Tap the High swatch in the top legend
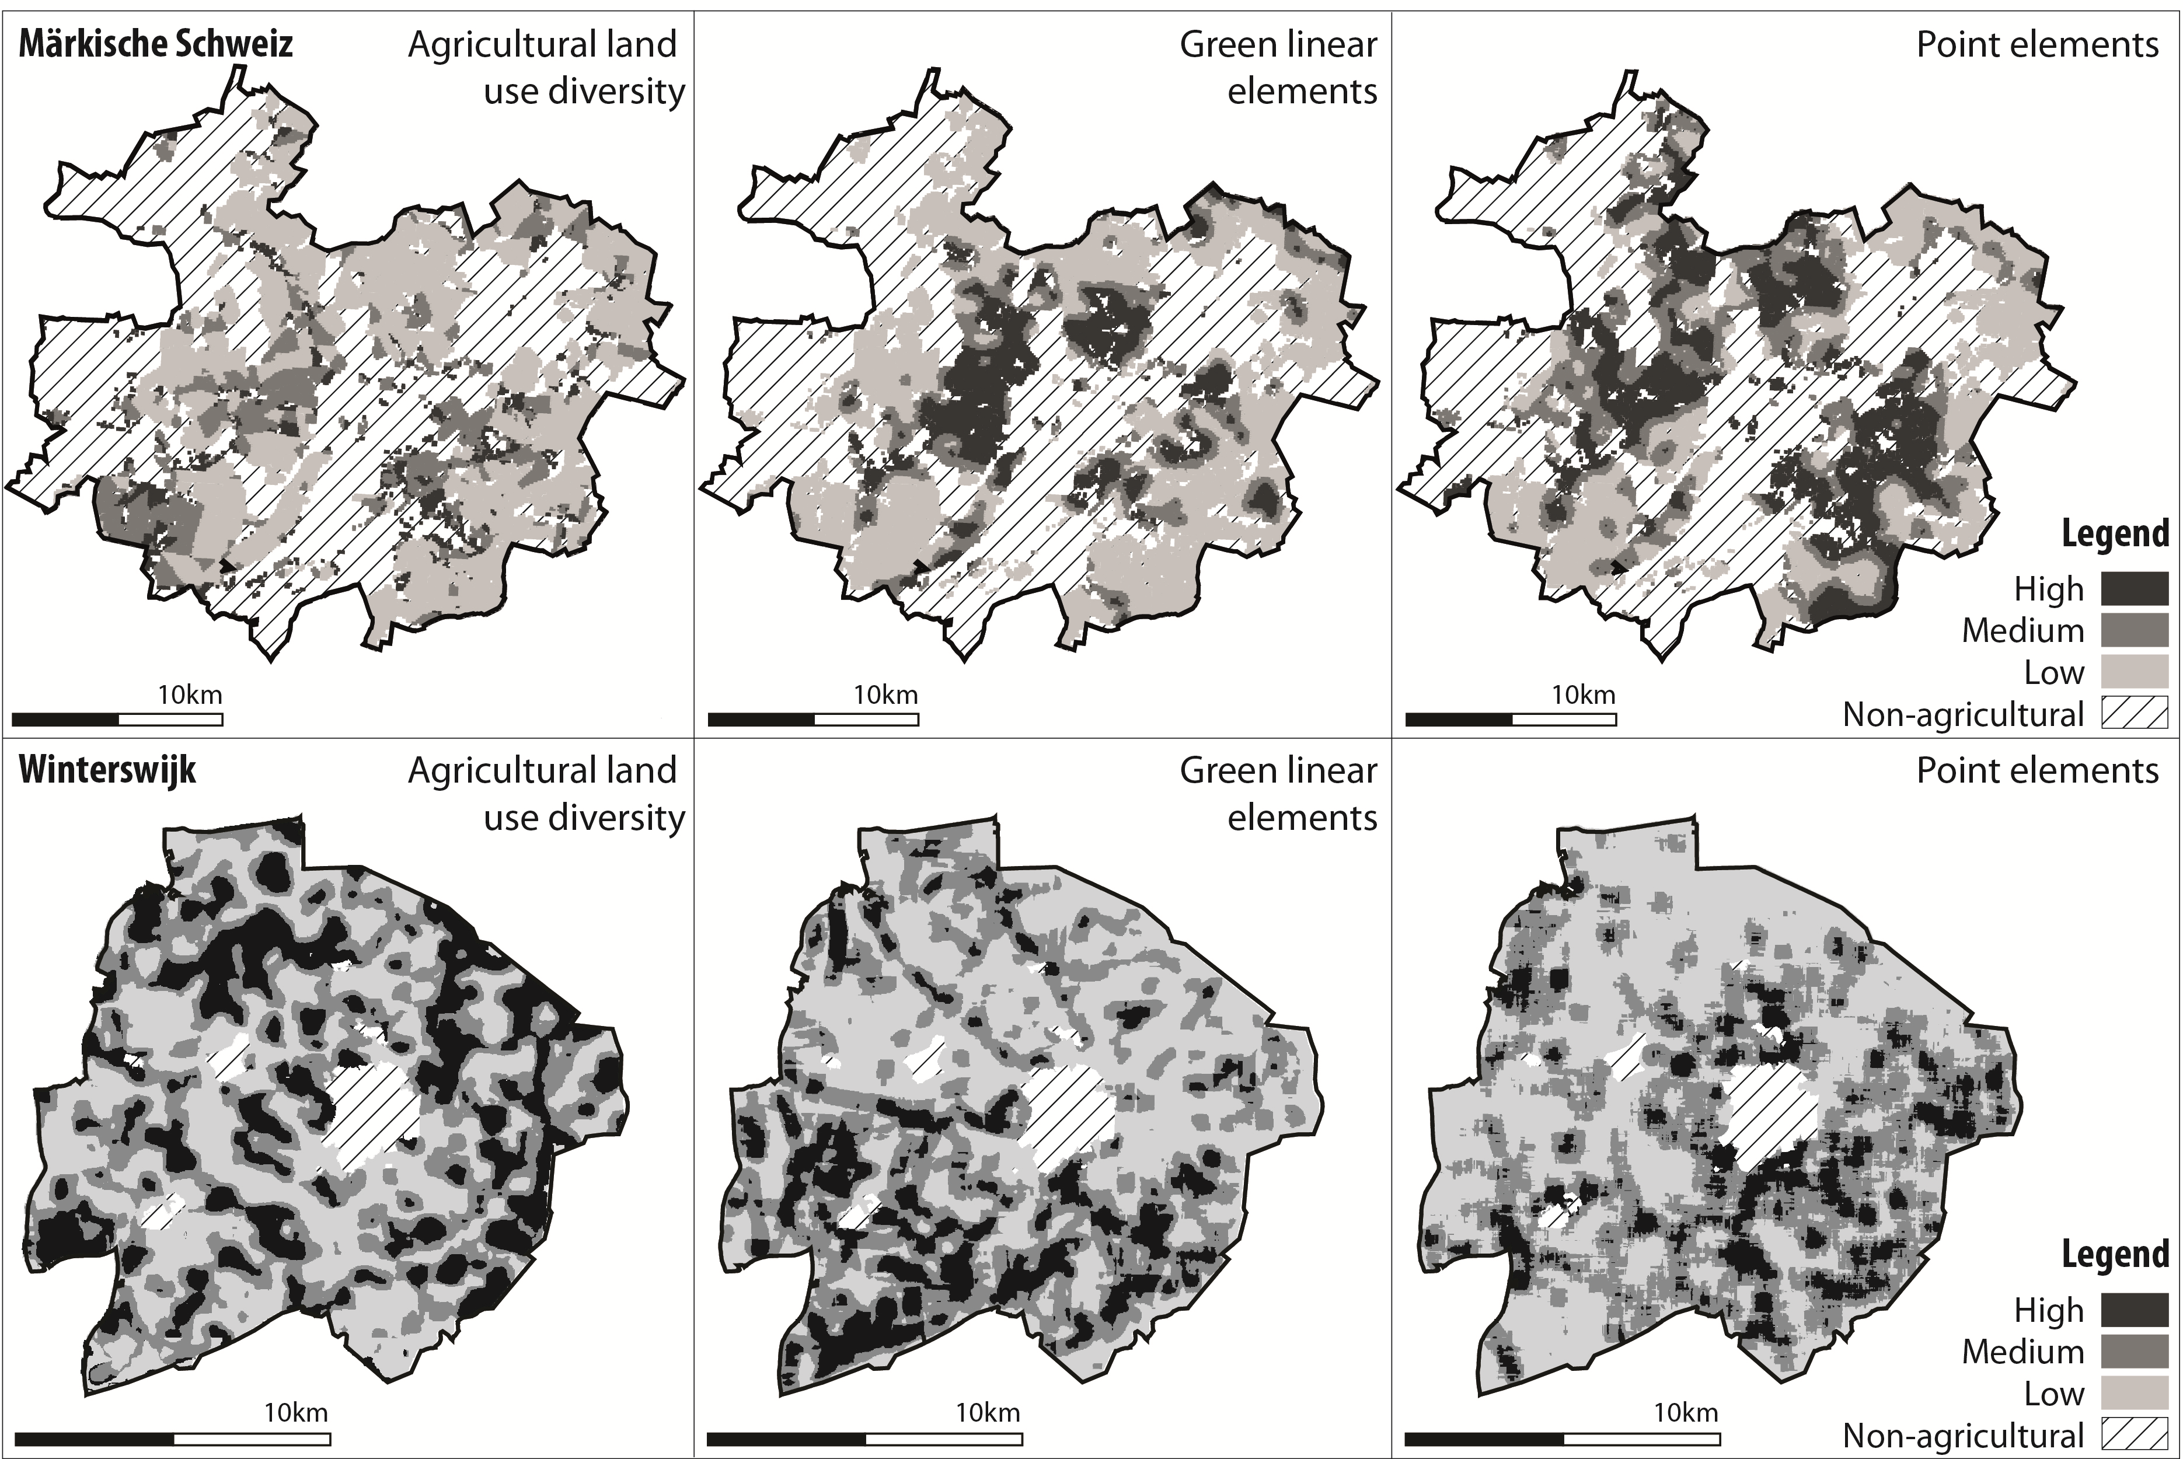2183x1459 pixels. pyautogui.click(x=2135, y=589)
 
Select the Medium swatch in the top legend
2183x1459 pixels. pyautogui.click(x=2135, y=630)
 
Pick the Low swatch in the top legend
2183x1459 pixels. pyautogui.click(x=2135, y=672)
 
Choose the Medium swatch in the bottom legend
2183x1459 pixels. pyautogui.click(x=2135, y=1351)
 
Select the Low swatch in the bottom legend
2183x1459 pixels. pyautogui.click(x=2135, y=1393)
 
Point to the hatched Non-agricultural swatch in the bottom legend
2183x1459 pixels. pyautogui.click(x=2135, y=1434)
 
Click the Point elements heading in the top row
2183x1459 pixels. pyautogui.click(x=2037, y=45)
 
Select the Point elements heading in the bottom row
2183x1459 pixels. pyautogui.click(x=2037, y=770)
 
